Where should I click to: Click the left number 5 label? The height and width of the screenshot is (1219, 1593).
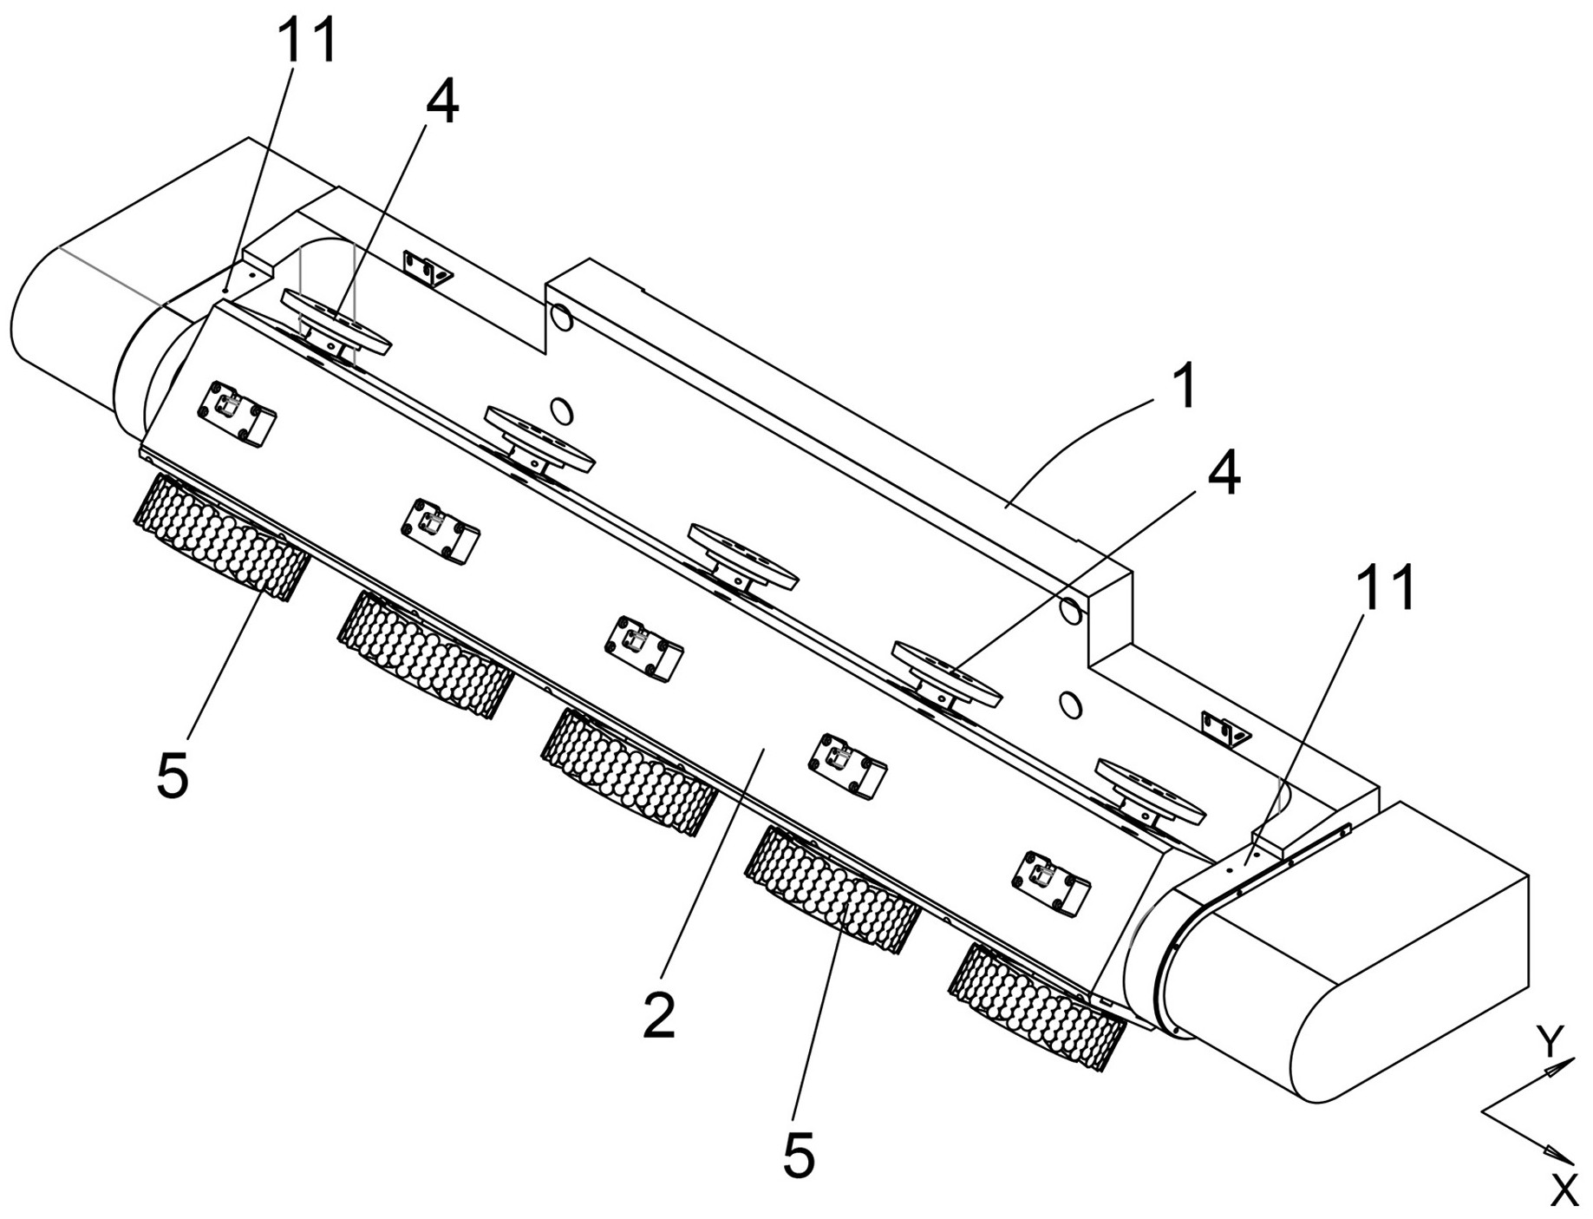[173, 773]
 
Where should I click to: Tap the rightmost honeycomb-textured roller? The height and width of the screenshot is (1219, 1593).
[1037, 1006]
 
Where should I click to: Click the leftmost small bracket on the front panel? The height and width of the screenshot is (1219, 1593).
[237, 415]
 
